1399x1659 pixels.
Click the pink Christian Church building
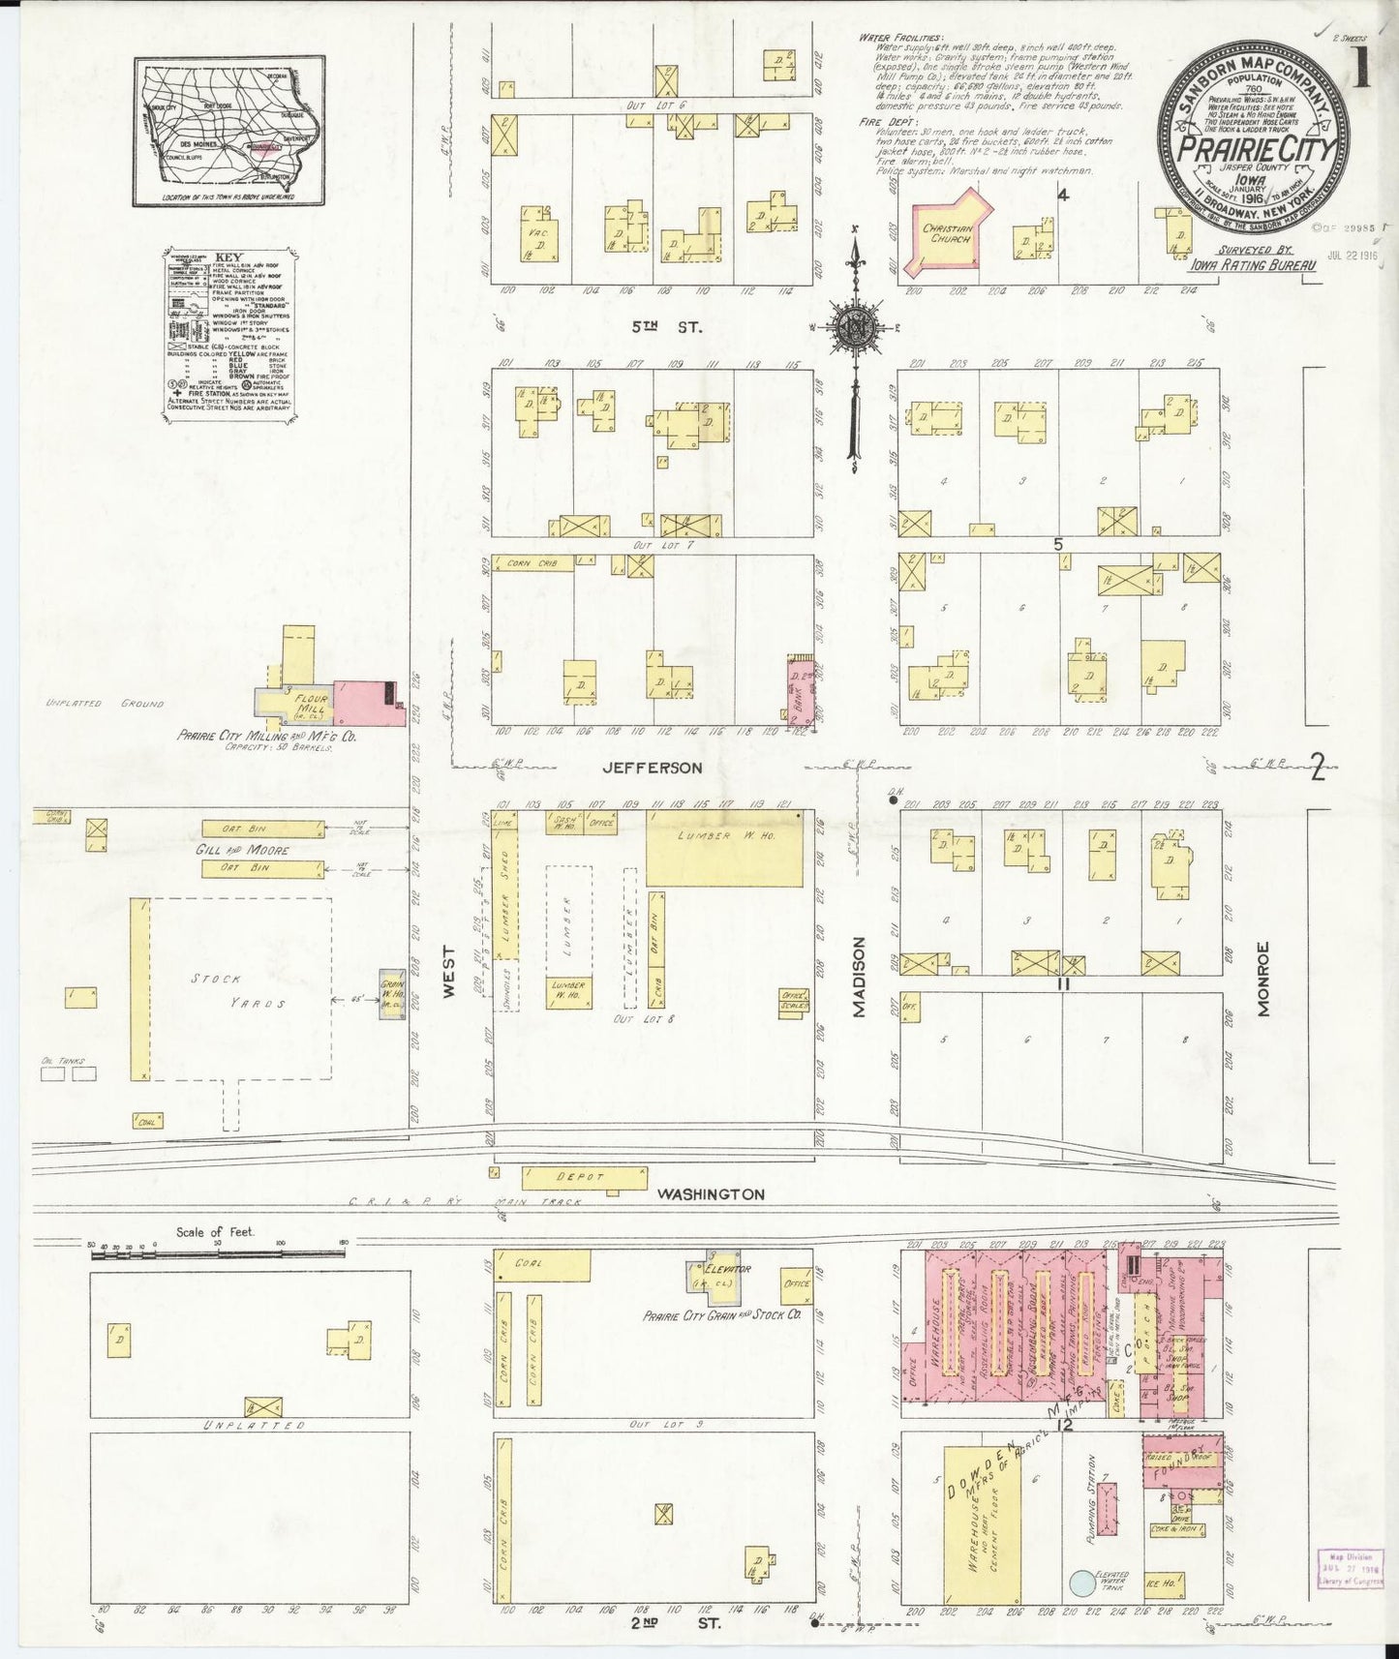point(944,233)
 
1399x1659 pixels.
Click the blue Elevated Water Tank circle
point(1082,1583)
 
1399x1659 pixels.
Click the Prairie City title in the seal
point(1255,151)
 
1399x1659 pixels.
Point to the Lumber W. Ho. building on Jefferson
point(724,848)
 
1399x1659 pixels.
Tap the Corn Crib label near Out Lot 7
point(532,561)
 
